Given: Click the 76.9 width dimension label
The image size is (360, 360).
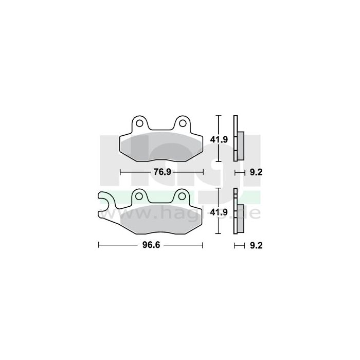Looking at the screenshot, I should [x=161, y=172].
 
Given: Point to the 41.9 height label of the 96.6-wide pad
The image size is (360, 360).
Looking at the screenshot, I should [x=220, y=211].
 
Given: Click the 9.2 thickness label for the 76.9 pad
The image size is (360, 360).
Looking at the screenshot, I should [x=256, y=172].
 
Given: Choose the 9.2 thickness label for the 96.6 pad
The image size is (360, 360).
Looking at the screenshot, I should [x=256, y=246].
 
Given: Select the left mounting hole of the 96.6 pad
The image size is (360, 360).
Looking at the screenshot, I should [x=138, y=195].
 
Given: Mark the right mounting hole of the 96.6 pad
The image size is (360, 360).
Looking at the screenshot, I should [x=182, y=195].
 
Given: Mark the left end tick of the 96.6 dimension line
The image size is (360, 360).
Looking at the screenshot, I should [x=98, y=246].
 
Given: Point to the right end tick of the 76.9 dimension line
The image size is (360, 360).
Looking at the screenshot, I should [x=203, y=172].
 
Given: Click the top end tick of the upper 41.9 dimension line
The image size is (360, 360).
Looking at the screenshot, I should [x=220, y=116].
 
